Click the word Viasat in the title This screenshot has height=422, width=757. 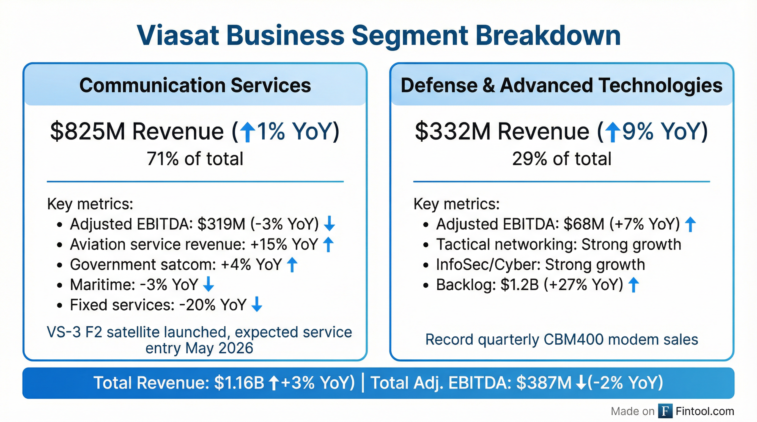[x=178, y=36]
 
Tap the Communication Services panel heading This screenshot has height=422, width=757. [x=195, y=85]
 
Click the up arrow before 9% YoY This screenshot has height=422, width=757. [x=613, y=132]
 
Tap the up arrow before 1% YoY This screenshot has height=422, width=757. [x=248, y=132]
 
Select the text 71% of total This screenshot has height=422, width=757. [x=195, y=159]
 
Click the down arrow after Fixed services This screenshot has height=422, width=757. [x=257, y=304]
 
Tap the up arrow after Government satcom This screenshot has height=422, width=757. [x=292, y=264]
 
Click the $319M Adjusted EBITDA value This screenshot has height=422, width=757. [x=221, y=224]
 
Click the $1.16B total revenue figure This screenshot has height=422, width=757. [x=239, y=383]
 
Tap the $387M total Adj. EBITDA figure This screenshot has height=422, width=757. [x=544, y=383]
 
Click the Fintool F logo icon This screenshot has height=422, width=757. [x=665, y=411]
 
